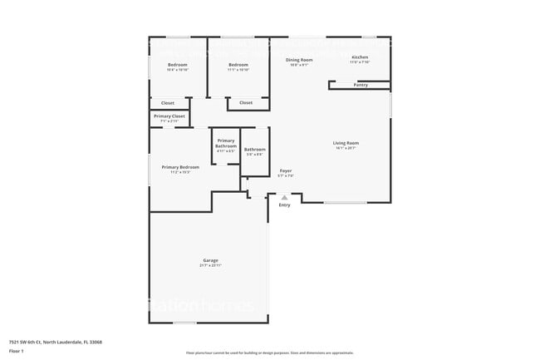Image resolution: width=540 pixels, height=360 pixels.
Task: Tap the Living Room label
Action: (346, 143)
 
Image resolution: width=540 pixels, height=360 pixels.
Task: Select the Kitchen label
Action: (359, 57)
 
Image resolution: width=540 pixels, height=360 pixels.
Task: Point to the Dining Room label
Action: (299, 60)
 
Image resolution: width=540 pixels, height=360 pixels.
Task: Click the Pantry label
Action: (361, 85)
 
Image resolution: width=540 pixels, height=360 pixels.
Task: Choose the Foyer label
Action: (285, 170)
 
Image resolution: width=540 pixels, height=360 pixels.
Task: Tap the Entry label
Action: (285, 205)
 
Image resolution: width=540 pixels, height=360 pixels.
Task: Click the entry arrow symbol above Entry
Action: (285, 197)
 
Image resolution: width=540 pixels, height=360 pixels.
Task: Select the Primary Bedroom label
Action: (180, 167)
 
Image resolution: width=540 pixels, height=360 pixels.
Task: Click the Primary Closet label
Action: (169, 116)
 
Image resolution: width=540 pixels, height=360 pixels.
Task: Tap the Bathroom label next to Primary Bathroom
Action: (254, 150)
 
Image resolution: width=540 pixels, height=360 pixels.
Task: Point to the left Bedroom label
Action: (177, 65)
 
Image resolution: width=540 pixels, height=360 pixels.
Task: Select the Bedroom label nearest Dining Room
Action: (238, 65)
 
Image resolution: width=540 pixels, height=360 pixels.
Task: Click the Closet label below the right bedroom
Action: (246, 103)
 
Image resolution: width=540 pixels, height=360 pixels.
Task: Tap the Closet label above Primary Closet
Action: (168, 103)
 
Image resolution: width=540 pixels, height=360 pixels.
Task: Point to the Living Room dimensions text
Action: (346, 148)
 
